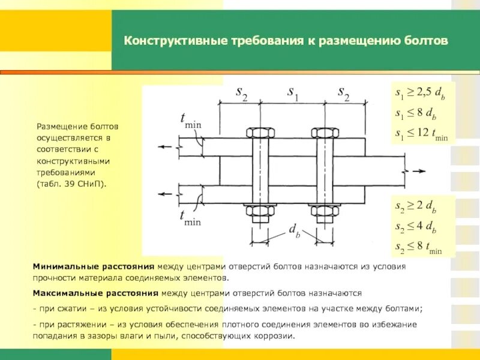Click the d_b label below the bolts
click(295, 230)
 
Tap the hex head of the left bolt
click(260, 133)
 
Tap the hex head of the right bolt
click(325, 133)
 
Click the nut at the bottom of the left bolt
click(260, 211)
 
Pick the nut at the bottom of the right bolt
click(325, 211)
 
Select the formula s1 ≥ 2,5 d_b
click(420, 94)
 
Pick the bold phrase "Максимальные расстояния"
click(96, 294)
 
